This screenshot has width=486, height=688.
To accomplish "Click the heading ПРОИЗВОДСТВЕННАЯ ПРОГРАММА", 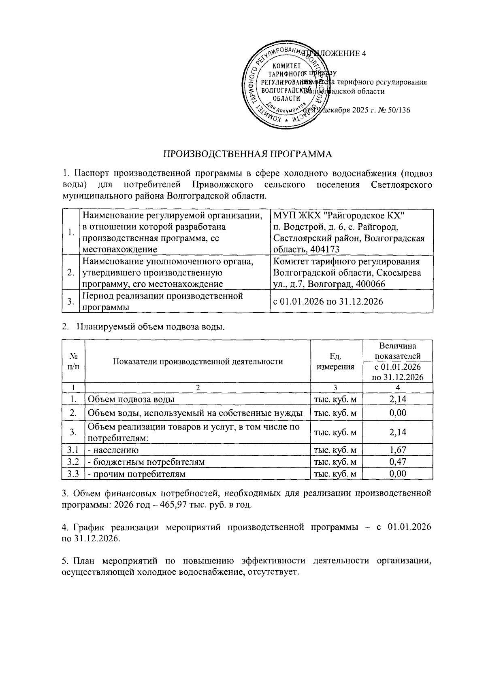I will pos(247,154).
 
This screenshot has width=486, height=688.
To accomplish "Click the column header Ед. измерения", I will pos(335,361).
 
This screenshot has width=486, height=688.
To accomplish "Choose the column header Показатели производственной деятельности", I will pos(198,361).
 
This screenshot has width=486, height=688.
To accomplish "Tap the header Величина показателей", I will pos(397,351).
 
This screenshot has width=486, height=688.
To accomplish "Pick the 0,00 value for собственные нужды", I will pos(397,413).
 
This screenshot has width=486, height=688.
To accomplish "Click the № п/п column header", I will pos(73,361).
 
